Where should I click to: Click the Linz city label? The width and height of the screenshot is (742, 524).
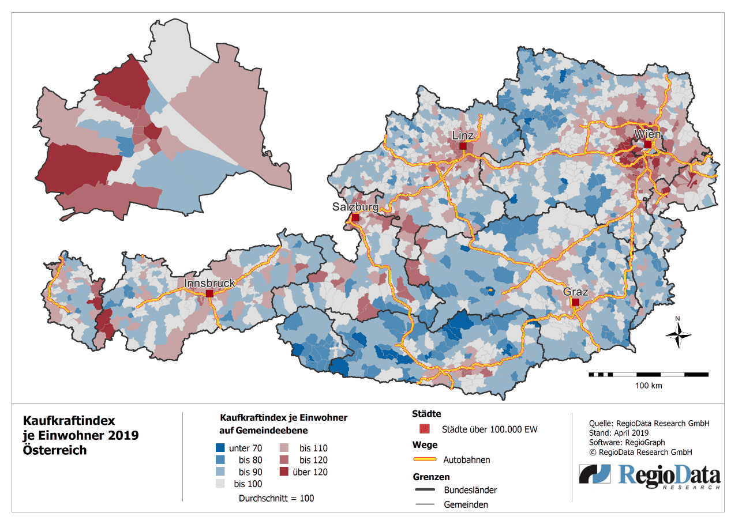(x=463, y=135)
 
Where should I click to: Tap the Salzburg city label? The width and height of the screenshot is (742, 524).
(x=355, y=207)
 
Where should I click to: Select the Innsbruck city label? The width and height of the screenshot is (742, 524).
(x=209, y=283)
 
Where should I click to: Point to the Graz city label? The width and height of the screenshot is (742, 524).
(x=576, y=292)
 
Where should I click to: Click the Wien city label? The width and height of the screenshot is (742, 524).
(x=647, y=134)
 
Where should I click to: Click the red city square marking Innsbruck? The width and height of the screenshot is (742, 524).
(x=209, y=294)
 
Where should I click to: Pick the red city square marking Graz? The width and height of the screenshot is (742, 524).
(x=575, y=302)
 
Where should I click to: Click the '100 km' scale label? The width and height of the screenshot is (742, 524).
(x=649, y=385)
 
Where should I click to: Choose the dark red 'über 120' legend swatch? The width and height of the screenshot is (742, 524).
(x=285, y=472)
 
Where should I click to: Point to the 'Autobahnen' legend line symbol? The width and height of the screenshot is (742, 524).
(x=425, y=460)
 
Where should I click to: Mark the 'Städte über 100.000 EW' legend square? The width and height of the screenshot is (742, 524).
(x=425, y=429)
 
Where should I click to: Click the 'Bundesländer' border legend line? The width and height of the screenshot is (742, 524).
(x=425, y=490)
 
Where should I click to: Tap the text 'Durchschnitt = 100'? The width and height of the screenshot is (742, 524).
(x=276, y=498)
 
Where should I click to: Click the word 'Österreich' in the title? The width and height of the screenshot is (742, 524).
(x=54, y=450)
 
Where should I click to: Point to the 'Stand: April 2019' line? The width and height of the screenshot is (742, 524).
(x=619, y=432)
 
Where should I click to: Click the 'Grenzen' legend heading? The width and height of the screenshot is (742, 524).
(x=431, y=477)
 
